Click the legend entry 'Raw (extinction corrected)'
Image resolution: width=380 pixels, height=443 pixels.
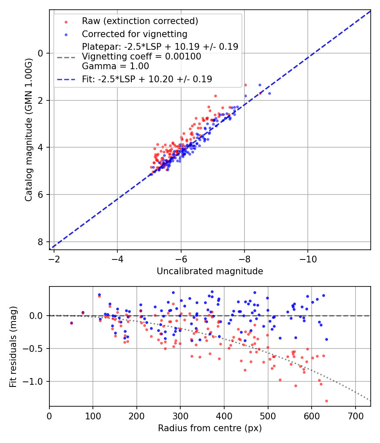pos(140,21)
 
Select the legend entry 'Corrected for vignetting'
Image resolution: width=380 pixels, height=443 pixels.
pos(134,34)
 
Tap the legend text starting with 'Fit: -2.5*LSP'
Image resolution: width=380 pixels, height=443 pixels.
pos(147,79)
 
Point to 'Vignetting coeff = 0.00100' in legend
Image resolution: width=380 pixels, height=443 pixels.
pos(141,57)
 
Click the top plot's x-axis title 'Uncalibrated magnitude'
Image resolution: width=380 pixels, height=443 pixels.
pos(210,271)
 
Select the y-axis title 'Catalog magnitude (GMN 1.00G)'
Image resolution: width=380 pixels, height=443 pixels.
pos(28,130)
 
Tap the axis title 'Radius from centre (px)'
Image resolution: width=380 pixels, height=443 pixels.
pos(210,428)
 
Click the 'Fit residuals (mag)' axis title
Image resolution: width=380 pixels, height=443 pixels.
pos(13,346)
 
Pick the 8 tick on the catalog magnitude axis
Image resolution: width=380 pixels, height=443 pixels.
pos(41,242)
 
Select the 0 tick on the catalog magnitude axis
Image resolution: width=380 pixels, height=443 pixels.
pos(41,53)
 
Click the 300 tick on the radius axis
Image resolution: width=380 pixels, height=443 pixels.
pos(180,416)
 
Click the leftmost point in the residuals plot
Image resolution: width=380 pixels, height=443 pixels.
pos(71,323)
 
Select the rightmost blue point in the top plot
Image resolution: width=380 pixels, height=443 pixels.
pos(269,93)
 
